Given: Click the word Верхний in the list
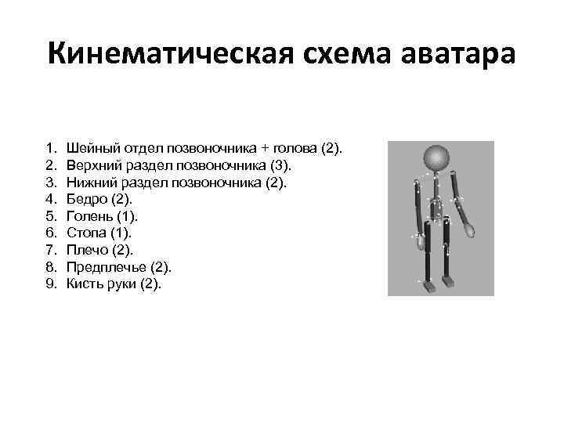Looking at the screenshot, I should (89, 165).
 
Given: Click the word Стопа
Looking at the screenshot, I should (84, 233).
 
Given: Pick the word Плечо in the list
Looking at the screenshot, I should (84, 250).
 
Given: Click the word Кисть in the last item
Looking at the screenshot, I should (83, 284).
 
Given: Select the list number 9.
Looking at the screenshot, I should (50, 284).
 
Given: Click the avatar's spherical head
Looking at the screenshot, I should (436, 159).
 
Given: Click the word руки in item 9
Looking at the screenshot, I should (119, 284).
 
